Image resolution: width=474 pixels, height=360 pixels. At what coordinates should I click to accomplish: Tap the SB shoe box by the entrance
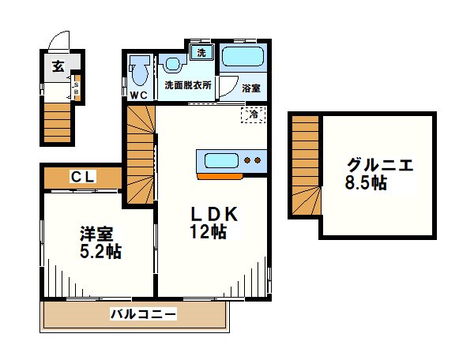(76, 88)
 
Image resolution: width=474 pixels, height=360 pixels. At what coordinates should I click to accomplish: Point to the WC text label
(139, 96)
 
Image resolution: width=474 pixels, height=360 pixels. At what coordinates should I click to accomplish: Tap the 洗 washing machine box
(201, 53)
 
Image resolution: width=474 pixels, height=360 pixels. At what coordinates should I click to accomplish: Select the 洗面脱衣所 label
(187, 84)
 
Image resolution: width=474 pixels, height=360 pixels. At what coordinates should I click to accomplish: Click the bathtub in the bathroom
(243, 57)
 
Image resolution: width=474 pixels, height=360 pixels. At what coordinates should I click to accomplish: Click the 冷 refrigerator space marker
(253, 114)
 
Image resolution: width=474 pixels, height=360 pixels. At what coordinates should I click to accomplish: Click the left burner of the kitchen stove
(248, 161)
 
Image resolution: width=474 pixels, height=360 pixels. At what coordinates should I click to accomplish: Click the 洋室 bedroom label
(99, 234)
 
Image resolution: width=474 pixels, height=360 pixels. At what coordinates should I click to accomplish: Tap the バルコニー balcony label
(143, 314)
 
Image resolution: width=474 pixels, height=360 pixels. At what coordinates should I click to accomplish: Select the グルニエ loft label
(380, 166)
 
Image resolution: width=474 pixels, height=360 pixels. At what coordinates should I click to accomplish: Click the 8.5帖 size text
(366, 183)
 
